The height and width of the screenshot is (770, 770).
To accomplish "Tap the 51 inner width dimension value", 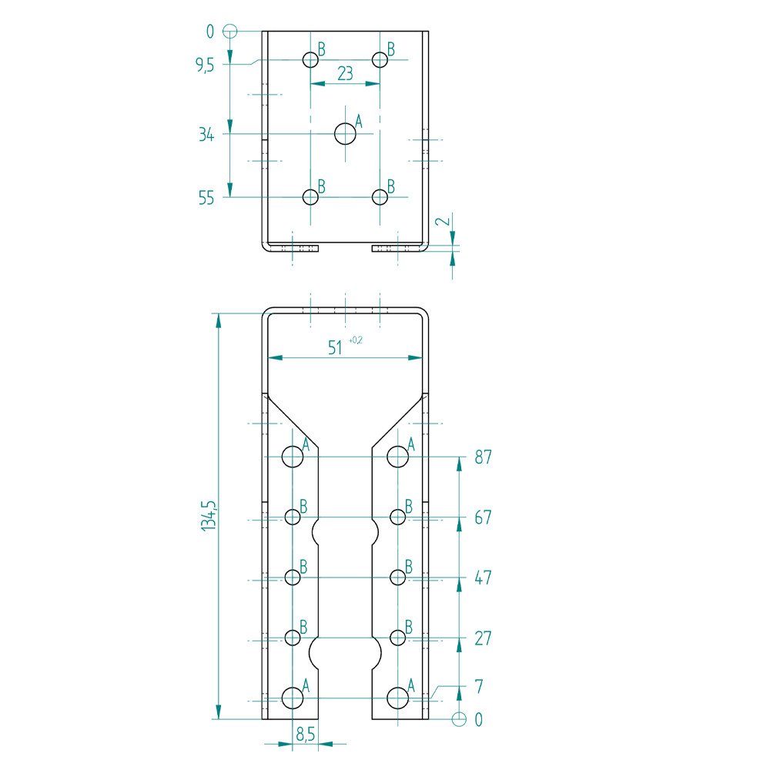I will (x=335, y=348).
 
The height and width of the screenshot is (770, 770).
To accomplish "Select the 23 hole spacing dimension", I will (x=345, y=73).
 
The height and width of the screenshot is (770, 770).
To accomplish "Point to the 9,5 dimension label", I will (x=205, y=65).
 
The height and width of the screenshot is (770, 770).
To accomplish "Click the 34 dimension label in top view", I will (x=206, y=135).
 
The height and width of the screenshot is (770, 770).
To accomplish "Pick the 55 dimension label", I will (x=206, y=198).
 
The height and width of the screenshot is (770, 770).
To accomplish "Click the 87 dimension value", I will (x=483, y=457).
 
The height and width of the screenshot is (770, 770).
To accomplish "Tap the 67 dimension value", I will (x=483, y=518).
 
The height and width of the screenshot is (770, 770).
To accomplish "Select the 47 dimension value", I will (x=483, y=578).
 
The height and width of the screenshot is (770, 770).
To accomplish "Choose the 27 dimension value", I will (x=483, y=638).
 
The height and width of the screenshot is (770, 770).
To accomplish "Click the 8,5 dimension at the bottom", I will (x=306, y=735).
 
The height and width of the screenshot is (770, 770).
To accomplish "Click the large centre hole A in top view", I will (x=346, y=134).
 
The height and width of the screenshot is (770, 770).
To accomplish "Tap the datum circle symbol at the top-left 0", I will (x=229, y=32).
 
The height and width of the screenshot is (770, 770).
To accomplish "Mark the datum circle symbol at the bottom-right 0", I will (x=459, y=719).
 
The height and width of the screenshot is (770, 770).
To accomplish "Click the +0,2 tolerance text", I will (x=356, y=340).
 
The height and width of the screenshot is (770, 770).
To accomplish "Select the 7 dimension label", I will (x=479, y=685).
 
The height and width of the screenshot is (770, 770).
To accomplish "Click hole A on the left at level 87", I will (x=293, y=457).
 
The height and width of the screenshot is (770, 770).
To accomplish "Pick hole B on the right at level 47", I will (x=397, y=577).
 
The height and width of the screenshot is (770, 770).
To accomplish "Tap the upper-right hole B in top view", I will (x=380, y=59).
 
